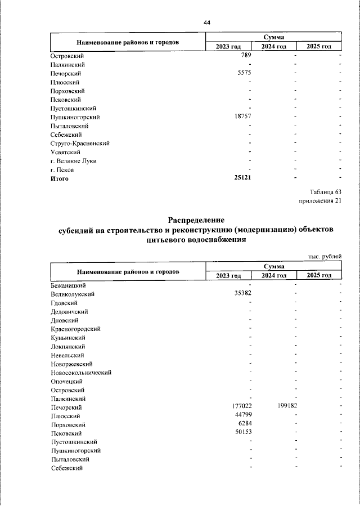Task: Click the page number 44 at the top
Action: pos(206,22)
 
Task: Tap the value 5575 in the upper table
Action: pos(242,73)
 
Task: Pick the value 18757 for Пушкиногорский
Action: pos(241,117)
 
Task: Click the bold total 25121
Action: pos(241,178)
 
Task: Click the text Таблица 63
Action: pos(325,191)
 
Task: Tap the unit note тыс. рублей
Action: pos(325,257)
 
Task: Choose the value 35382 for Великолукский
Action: pos(241,294)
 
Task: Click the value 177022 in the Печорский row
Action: pos(240,407)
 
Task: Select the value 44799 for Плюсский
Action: pos(241,415)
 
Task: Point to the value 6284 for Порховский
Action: pos(244,424)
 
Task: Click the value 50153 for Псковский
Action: pos(241,433)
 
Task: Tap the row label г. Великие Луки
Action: pos(73,161)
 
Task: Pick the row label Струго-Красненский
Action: pos(79,144)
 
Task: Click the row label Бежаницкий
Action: pos(67,285)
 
